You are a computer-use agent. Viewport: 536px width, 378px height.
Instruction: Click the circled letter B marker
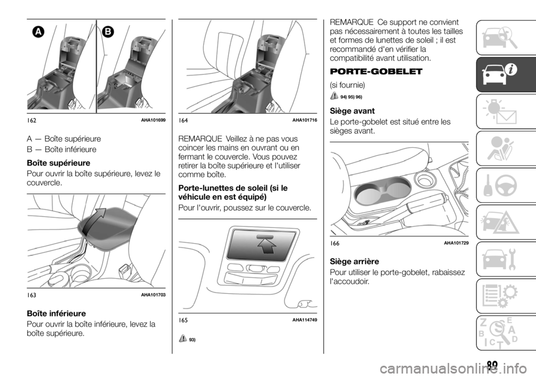106,32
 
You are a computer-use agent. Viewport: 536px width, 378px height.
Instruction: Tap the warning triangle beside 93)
184,339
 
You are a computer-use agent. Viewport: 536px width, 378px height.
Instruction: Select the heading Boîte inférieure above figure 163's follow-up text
54,314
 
